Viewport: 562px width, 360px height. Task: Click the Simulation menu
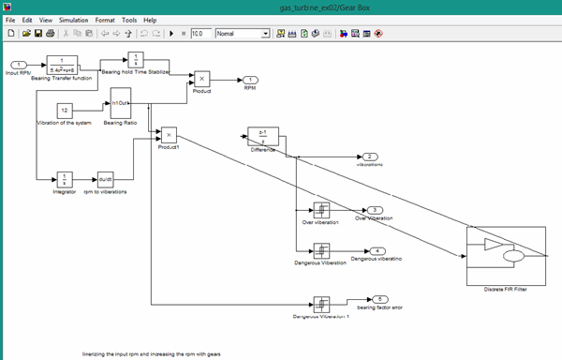(x=74, y=19)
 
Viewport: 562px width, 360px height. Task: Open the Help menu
(x=151, y=19)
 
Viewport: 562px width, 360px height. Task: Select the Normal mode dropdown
(x=242, y=34)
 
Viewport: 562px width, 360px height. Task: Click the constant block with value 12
(x=65, y=110)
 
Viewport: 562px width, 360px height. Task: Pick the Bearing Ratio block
(x=122, y=103)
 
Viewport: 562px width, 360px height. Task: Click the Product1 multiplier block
(x=169, y=135)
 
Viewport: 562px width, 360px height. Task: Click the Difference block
(x=263, y=137)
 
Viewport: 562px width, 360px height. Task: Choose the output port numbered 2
(x=370, y=156)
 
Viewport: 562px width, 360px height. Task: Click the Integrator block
(x=64, y=178)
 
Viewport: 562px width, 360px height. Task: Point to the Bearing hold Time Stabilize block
(x=134, y=61)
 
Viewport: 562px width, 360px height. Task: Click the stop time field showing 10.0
(x=200, y=34)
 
